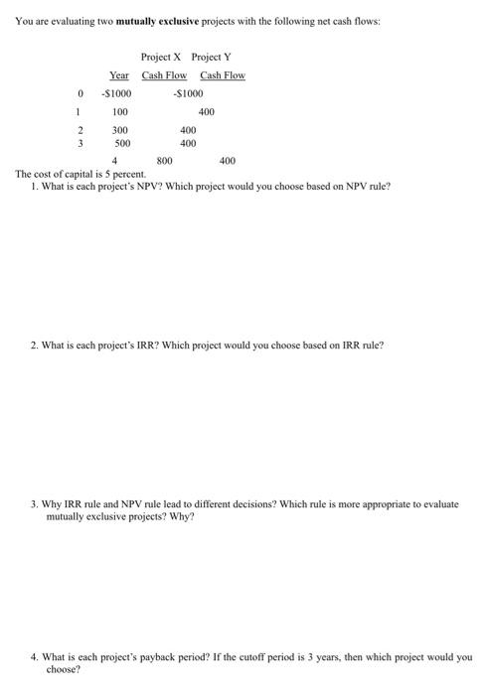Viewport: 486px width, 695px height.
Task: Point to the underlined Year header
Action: (x=119, y=75)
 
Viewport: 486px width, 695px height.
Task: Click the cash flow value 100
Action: (x=120, y=112)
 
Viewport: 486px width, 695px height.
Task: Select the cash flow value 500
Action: (x=120, y=143)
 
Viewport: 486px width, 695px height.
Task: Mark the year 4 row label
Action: (x=116, y=161)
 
